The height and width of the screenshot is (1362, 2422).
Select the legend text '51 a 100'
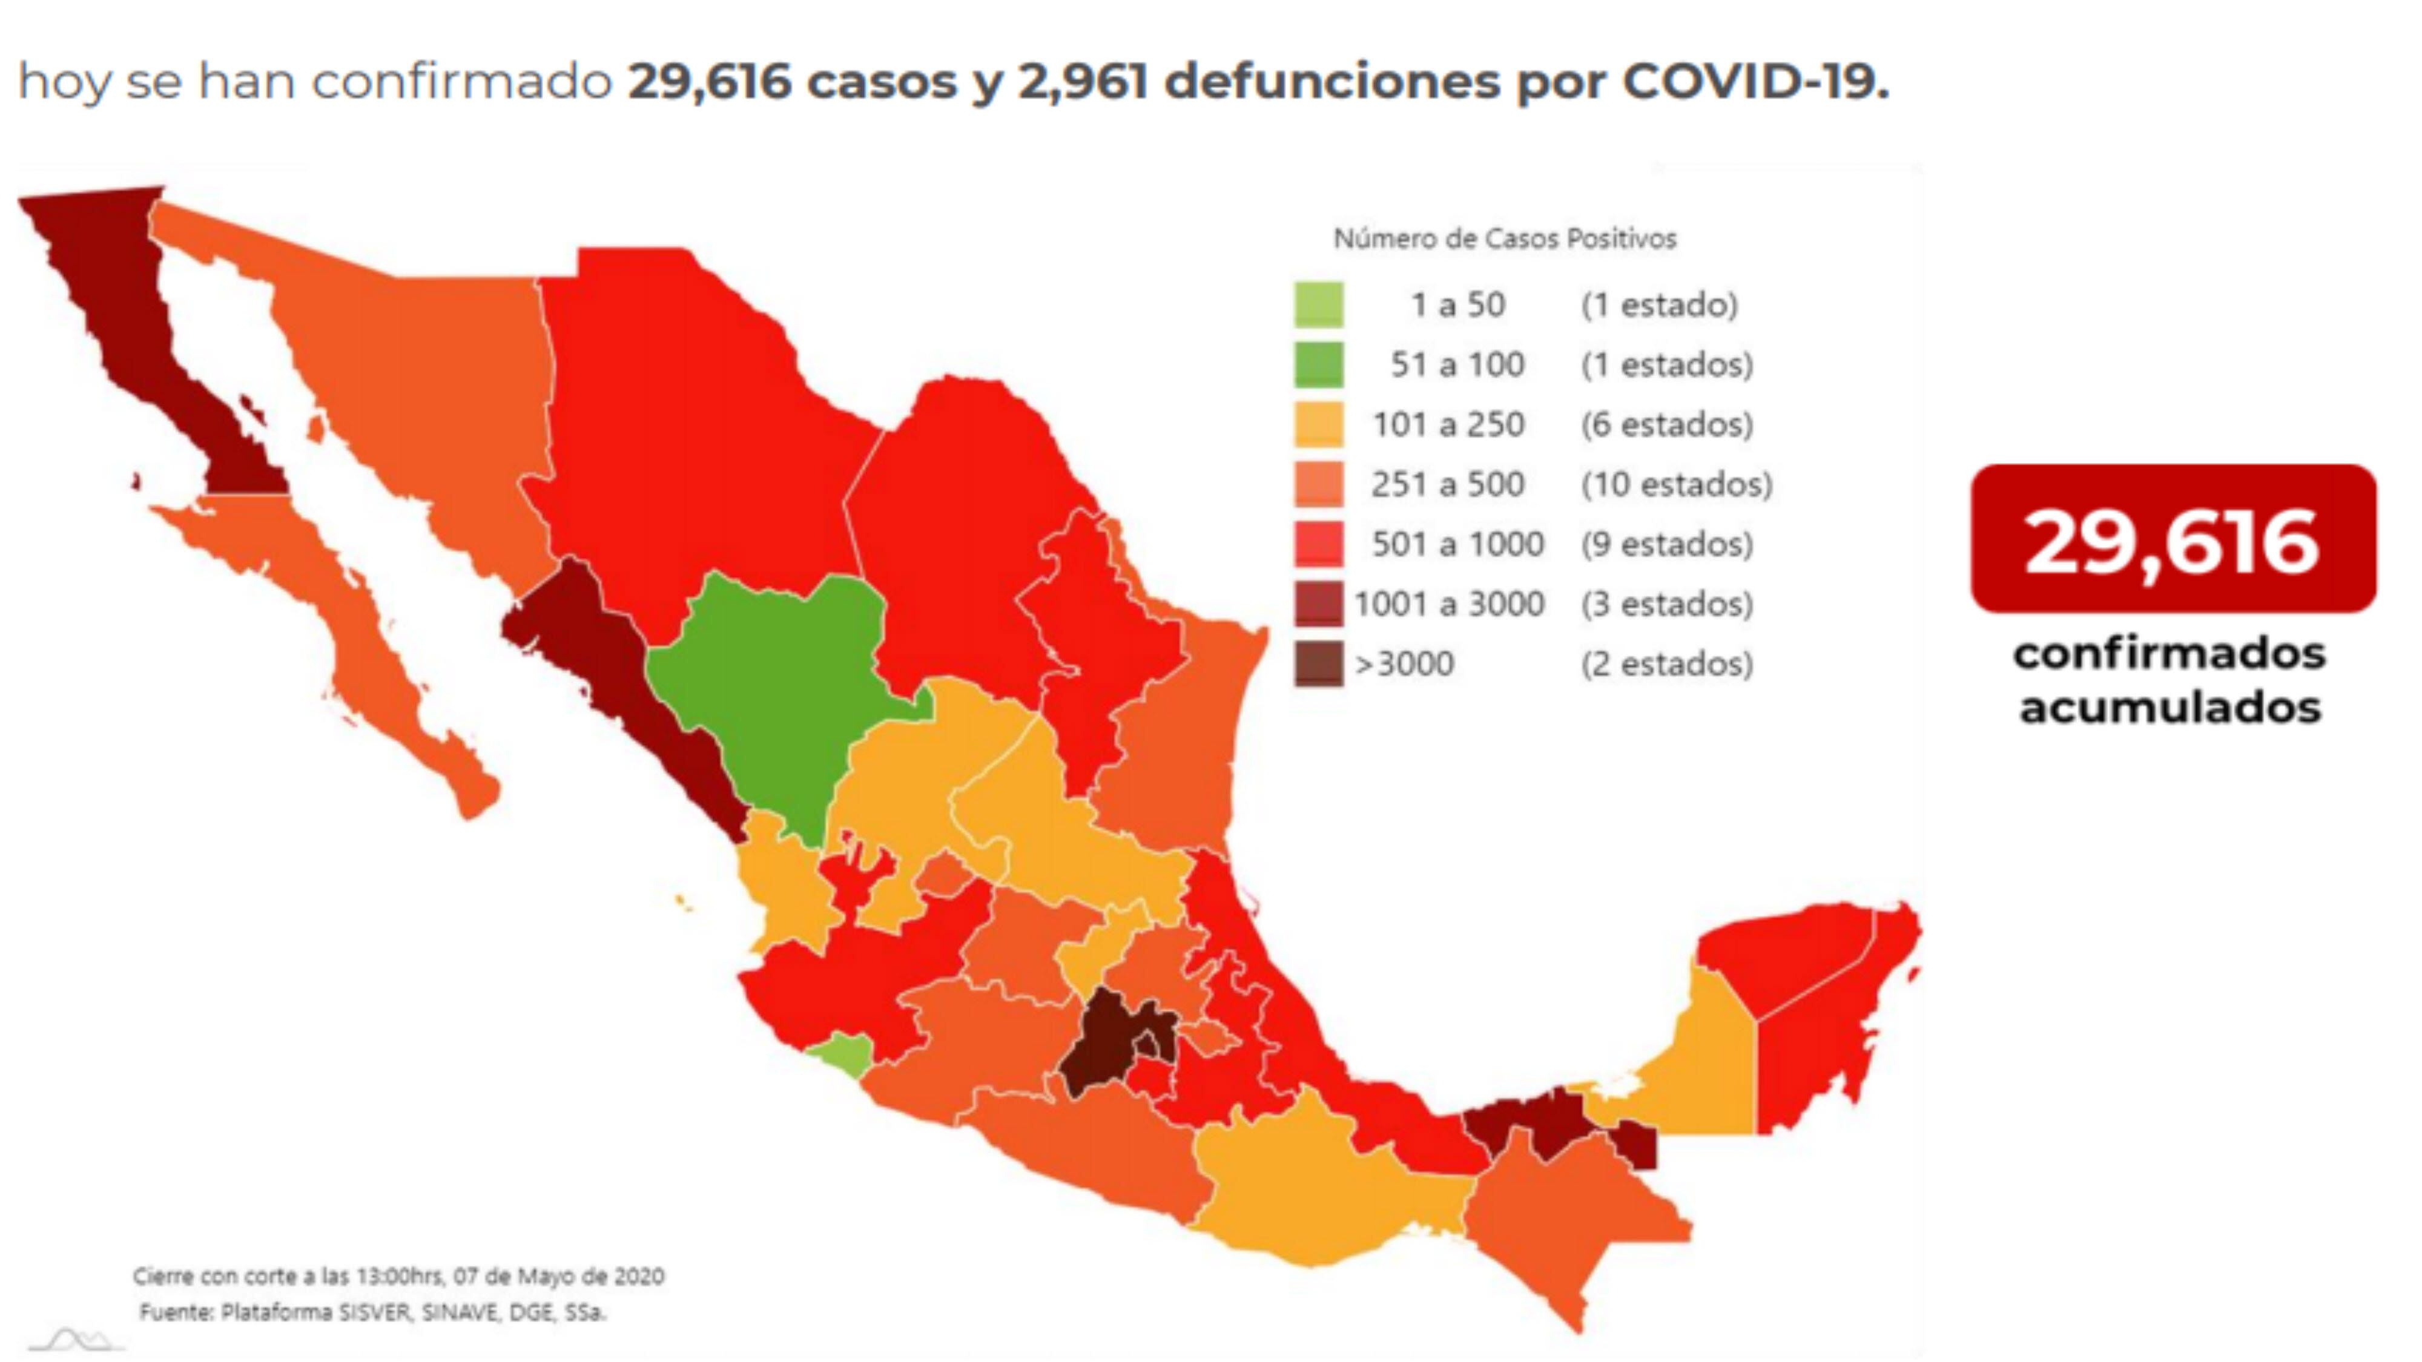click(1456, 364)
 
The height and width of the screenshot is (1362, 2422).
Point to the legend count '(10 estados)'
click(1677, 484)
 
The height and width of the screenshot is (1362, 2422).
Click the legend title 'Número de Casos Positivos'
click(1504, 239)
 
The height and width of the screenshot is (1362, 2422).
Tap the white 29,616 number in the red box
click(2172, 542)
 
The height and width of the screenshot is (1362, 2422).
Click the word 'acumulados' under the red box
click(2171, 708)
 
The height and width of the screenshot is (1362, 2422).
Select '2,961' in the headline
click(1082, 81)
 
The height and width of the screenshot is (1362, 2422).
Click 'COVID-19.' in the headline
click(1755, 81)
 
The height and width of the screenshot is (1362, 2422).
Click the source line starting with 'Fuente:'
click(372, 1312)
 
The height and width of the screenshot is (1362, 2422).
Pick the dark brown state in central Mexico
click(1109, 1044)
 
